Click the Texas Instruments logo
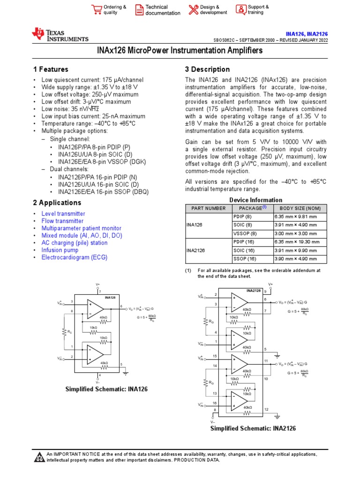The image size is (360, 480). [60, 34]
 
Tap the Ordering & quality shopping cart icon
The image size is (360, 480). [97, 9]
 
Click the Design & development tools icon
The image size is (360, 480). [193, 9]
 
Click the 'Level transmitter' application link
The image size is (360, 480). [63, 214]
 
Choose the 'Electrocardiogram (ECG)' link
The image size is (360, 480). [74, 257]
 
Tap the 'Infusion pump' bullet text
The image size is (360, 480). [60, 250]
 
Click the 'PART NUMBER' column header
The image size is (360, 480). [206, 208]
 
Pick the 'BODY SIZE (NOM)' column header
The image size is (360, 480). [300, 208]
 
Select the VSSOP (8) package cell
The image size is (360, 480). [245, 233]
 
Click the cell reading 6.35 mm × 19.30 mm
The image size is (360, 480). [297, 242]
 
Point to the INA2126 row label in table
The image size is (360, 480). [196, 250]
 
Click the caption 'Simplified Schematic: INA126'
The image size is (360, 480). [106, 390]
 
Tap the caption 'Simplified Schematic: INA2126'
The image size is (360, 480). [253, 428]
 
